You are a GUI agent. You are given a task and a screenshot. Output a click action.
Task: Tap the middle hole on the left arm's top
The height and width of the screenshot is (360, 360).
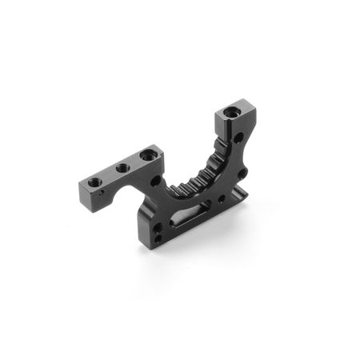tap(122, 169)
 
